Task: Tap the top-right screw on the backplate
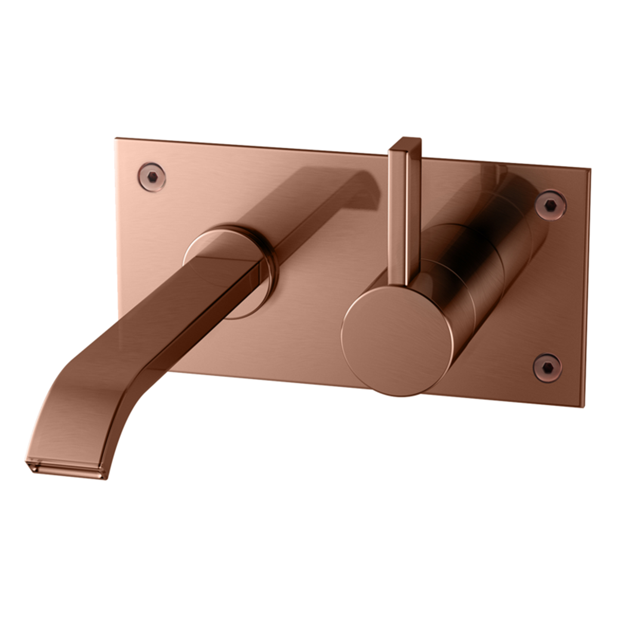(x=550, y=204)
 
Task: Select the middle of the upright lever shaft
(x=404, y=211)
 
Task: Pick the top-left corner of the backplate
(x=117, y=139)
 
